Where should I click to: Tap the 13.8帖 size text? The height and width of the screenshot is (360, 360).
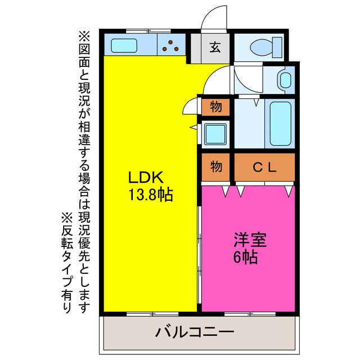click(x=150, y=195)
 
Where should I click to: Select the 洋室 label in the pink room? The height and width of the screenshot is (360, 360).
click(x=250, y=241)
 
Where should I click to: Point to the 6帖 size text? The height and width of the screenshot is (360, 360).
click(x=246, y=258)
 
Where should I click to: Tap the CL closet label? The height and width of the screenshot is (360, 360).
click(x=263, y=166)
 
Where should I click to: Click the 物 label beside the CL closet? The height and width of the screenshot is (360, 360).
click(x=215, y=166)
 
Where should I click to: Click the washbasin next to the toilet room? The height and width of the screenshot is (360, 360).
click(x=285, y=79)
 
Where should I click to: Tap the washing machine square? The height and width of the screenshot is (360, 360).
click(x=215, y=134)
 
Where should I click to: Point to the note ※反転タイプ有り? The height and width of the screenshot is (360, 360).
click(x=67, y=262)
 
